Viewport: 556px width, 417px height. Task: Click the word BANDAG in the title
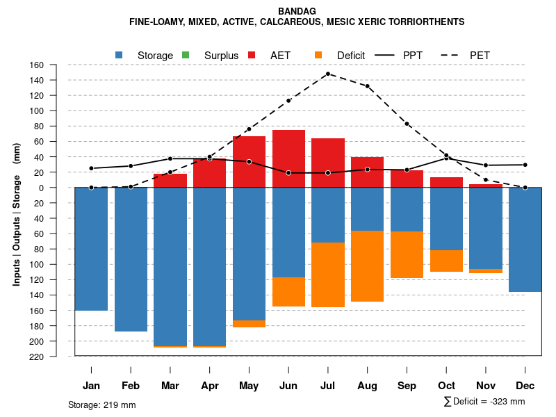(297, 11)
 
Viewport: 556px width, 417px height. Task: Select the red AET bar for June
(288, 158)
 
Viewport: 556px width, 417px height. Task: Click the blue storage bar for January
(91, 249)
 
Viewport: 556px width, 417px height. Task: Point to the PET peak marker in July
(327, 74)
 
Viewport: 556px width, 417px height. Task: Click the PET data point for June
(288, 101)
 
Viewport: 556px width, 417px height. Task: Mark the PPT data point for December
(525, 165)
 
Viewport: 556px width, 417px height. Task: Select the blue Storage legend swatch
(120, 55)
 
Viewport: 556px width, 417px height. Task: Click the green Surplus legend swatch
(185, 55)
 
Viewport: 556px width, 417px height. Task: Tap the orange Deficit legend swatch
(318, 55)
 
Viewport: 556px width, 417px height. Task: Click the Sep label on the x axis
(407, 386)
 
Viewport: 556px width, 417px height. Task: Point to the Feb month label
(131, 386)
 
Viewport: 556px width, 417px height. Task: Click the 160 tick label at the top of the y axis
(56, 65)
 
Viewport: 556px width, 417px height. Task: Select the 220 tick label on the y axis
(56, 357)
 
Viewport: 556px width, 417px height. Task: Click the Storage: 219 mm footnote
(101, 404)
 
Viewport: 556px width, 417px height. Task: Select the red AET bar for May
(249, 162)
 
